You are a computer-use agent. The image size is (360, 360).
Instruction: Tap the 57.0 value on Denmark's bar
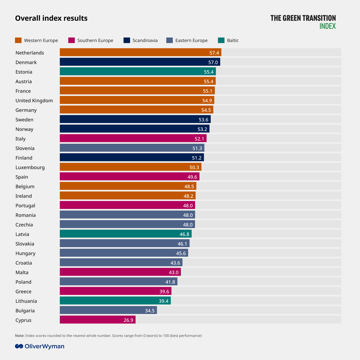point(213,62)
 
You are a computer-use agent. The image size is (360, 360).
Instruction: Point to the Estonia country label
point(24,72)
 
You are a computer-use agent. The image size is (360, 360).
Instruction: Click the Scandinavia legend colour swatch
point(127,40)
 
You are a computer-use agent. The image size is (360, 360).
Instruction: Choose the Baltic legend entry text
point(233,40)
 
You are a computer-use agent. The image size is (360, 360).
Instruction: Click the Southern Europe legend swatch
point(71,40)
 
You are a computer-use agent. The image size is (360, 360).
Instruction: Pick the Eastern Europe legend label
point(191,40)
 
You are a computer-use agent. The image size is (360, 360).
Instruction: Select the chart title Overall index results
point(51,18)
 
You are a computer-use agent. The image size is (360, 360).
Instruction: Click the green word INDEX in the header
point(328,26)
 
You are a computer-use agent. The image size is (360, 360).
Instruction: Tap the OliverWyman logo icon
point(19,346)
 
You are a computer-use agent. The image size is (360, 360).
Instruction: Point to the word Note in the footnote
point(19,336)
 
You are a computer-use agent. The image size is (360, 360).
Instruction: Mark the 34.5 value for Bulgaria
point(150,311)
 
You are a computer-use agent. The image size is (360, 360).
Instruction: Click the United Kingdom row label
point(34,100)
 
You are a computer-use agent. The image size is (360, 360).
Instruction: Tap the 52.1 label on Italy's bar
point(199,139)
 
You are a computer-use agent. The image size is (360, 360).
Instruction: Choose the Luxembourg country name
point(30,167)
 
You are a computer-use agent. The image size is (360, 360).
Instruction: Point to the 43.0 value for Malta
point(174,272)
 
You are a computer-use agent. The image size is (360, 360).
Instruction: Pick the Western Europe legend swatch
point(18,40)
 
